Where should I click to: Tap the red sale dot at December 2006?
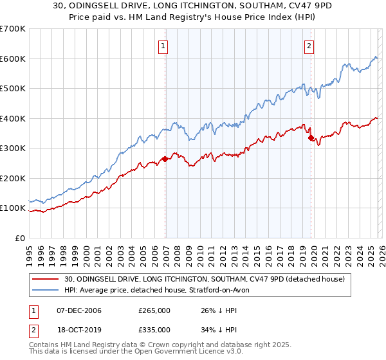[x=165, y=159]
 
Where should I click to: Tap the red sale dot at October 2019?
[x=311, y=138]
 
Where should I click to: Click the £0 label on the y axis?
[x=20, y=238]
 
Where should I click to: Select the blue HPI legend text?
[x=161, y=291]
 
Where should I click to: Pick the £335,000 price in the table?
[x=154, y=329]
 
